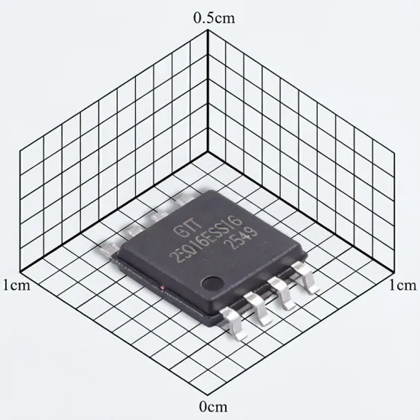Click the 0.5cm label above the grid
[214, 18]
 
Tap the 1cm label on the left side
[17, 286]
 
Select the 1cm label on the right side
[402, 286]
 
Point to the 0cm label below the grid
[213, 407]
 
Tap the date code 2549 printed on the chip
[241, 237]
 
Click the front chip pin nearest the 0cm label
[234, 323]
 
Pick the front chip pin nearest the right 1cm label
[305, 277]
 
